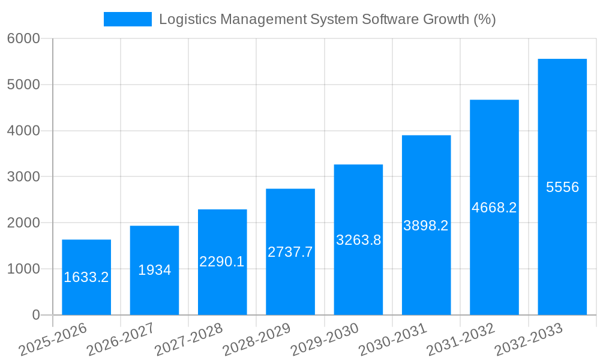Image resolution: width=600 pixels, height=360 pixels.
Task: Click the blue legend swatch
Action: (128, 19)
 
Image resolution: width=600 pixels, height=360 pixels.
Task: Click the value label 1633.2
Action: (86, 277)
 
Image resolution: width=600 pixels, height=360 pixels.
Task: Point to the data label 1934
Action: (154, 270)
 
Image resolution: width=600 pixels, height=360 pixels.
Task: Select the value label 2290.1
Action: (222, 262)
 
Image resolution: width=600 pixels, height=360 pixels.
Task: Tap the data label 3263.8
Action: (358, 240)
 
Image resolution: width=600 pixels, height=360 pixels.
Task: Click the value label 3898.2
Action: (426, 226)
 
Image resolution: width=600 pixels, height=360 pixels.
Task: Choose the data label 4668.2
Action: (494, 208)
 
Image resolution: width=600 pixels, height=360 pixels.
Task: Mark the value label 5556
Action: (562, 187)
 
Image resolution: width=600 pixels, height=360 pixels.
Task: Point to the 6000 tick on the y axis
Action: (23, 38)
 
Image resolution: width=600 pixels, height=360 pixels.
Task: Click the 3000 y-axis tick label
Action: (23, 177)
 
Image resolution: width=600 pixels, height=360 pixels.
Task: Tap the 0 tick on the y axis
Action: (35, 315)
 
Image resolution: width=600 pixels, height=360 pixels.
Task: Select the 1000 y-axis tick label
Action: (23, 269)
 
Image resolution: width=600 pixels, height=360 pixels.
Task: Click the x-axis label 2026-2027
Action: (120, 339)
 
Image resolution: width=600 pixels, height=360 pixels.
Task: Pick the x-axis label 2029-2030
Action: (324, 339)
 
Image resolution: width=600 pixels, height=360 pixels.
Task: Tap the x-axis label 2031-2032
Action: (460, 339)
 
